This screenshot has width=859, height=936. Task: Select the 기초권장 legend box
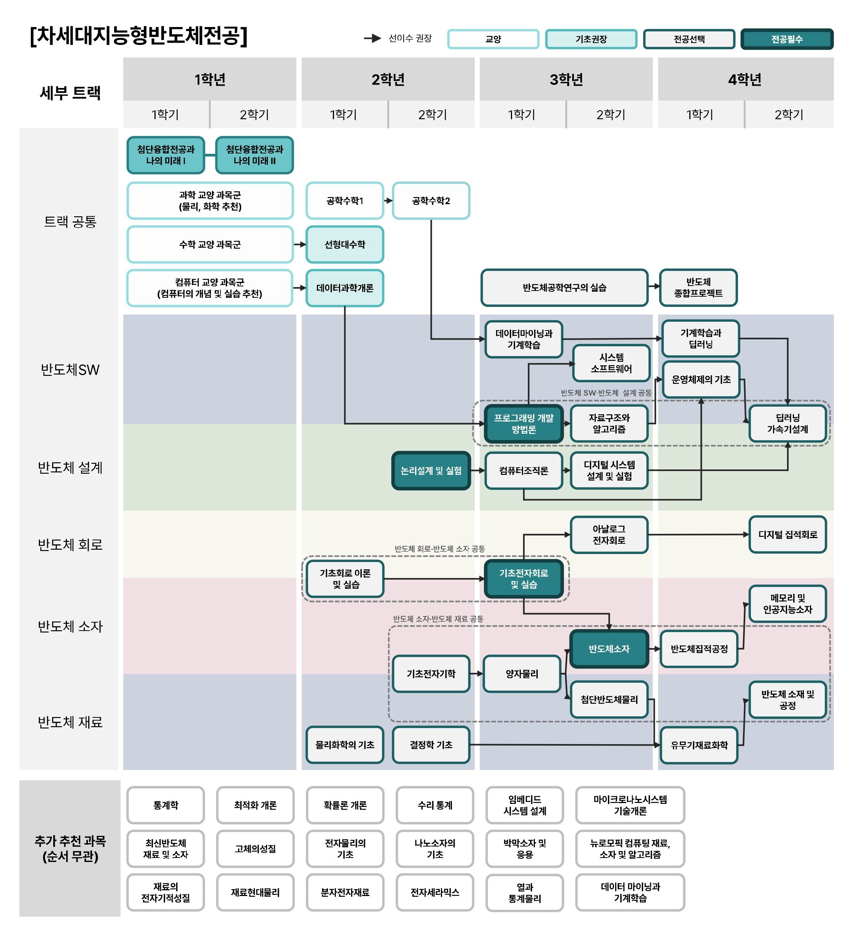[591, 39]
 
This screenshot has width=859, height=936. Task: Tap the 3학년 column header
[566, 80]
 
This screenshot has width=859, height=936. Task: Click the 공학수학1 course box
[344, 201]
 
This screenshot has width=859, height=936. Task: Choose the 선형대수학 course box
[344, 244]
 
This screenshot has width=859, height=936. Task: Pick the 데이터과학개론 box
[344, 288]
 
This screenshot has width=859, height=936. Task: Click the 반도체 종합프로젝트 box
[698, 288]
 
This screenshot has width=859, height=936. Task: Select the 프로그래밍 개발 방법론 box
[523, 423]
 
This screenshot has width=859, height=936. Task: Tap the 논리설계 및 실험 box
[431, 471]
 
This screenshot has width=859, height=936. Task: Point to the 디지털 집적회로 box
[787, 535]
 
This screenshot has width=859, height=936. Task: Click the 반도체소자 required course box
[609, 649]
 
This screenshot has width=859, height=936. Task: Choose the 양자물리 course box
[522, 674]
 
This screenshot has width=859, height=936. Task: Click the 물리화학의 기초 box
[344, 745]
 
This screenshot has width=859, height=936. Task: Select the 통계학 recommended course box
[165, 805]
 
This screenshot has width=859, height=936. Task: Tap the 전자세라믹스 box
[434, 892]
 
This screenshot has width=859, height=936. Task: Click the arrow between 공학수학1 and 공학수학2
[388, 201]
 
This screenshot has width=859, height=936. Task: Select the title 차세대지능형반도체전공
[138, 35]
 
